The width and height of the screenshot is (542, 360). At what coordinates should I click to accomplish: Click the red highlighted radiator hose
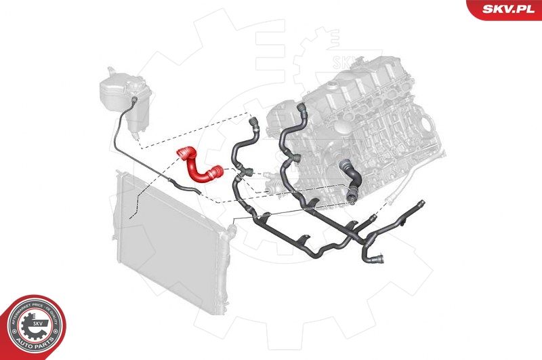pyautogui.click(x=197, y=166)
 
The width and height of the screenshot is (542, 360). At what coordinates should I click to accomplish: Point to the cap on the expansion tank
pyautogui.click(x=108, y=71)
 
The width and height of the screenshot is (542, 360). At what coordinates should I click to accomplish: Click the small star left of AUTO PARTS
pyautogui.click(x=13, y=332)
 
